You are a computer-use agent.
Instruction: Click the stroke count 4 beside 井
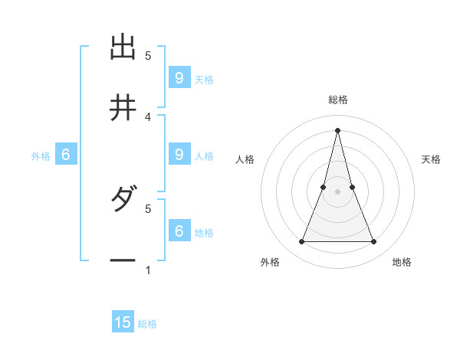tap(148, 116)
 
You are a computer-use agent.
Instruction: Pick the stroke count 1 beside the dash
tap(148, 270)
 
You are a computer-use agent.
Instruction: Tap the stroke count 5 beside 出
tap(148, 55)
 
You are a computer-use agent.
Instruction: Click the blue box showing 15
tap(123, 322)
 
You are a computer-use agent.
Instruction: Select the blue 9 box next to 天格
tap(179, 77)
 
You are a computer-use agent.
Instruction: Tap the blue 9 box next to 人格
tap(179, 154)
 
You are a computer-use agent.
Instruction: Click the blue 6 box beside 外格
tap(66, 155)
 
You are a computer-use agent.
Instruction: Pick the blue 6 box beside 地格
tap(179, 231)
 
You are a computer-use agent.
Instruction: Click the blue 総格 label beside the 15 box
tap(147, 324)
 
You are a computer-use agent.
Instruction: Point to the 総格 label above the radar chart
tap(338, 100)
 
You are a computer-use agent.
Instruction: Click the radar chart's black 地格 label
tap(402, 262)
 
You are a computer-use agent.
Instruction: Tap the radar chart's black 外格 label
tap(270, 262)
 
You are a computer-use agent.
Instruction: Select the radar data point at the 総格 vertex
tap(338, 129)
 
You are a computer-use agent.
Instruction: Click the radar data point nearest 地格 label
tap(374, 242)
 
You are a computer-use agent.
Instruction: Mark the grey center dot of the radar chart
tap(338, 191)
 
